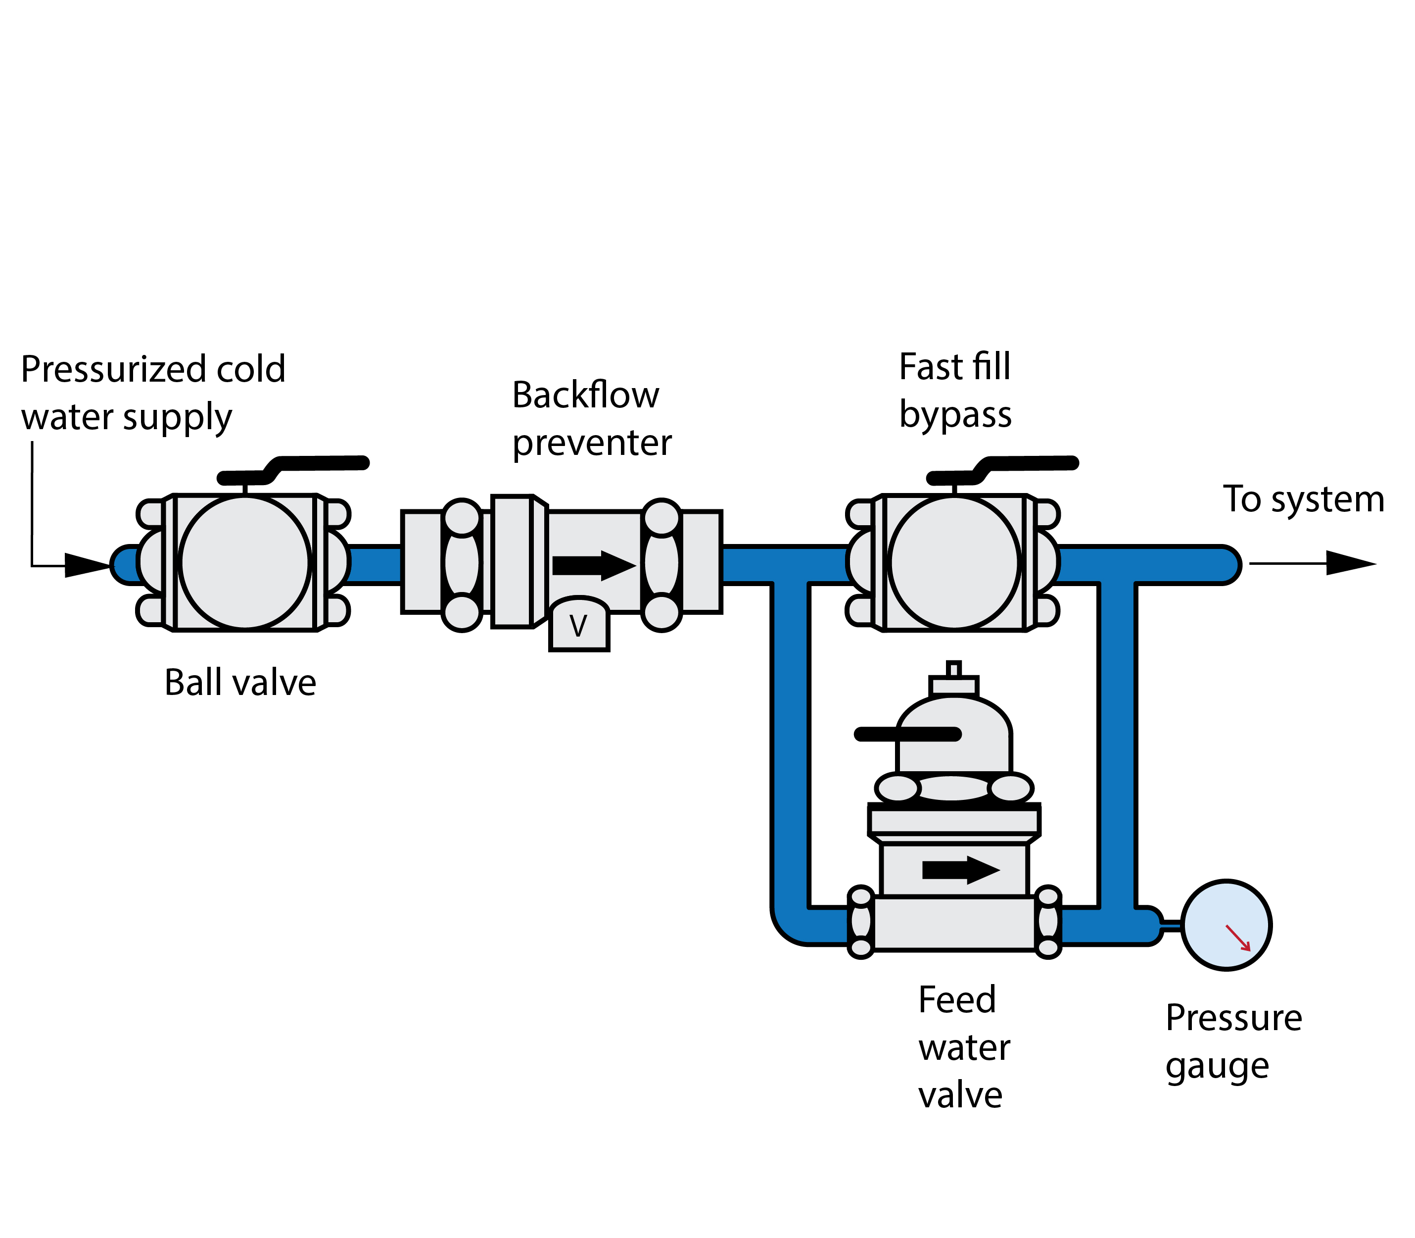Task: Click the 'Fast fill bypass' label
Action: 955,391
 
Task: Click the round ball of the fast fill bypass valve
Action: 954,562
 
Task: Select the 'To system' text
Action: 1303,499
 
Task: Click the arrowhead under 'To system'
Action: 1350,563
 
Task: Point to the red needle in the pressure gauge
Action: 1237,938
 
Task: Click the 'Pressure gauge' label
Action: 1233,1042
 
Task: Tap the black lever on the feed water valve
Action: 907,734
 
